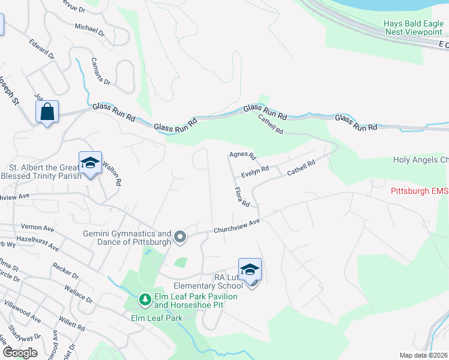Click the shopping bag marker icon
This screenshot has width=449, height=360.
click(x=47, y=112)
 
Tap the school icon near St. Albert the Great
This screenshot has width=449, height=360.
click(x=90, y=163)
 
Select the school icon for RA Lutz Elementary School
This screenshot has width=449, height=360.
click(x=250, y=271)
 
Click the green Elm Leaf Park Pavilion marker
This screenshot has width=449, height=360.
click(x=145, y=298)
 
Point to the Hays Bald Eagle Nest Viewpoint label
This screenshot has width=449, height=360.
click(x=412, y=28)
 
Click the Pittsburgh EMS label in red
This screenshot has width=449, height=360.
click(x=419, y=191)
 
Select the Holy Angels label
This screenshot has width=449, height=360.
click(x=420, y=160)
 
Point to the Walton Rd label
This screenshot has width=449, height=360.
click(x=113, y=172)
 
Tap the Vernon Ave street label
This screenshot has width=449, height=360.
click(x=37, y=229)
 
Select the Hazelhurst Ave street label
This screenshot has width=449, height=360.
click(x=37, y=243)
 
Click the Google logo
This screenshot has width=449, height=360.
click(x=19, y=353)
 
